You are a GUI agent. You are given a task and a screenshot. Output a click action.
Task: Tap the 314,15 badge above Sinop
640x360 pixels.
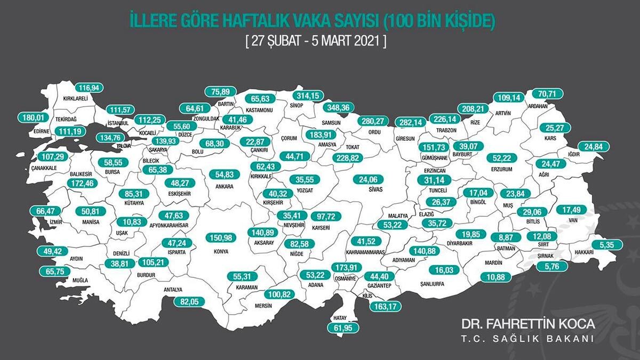310,95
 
